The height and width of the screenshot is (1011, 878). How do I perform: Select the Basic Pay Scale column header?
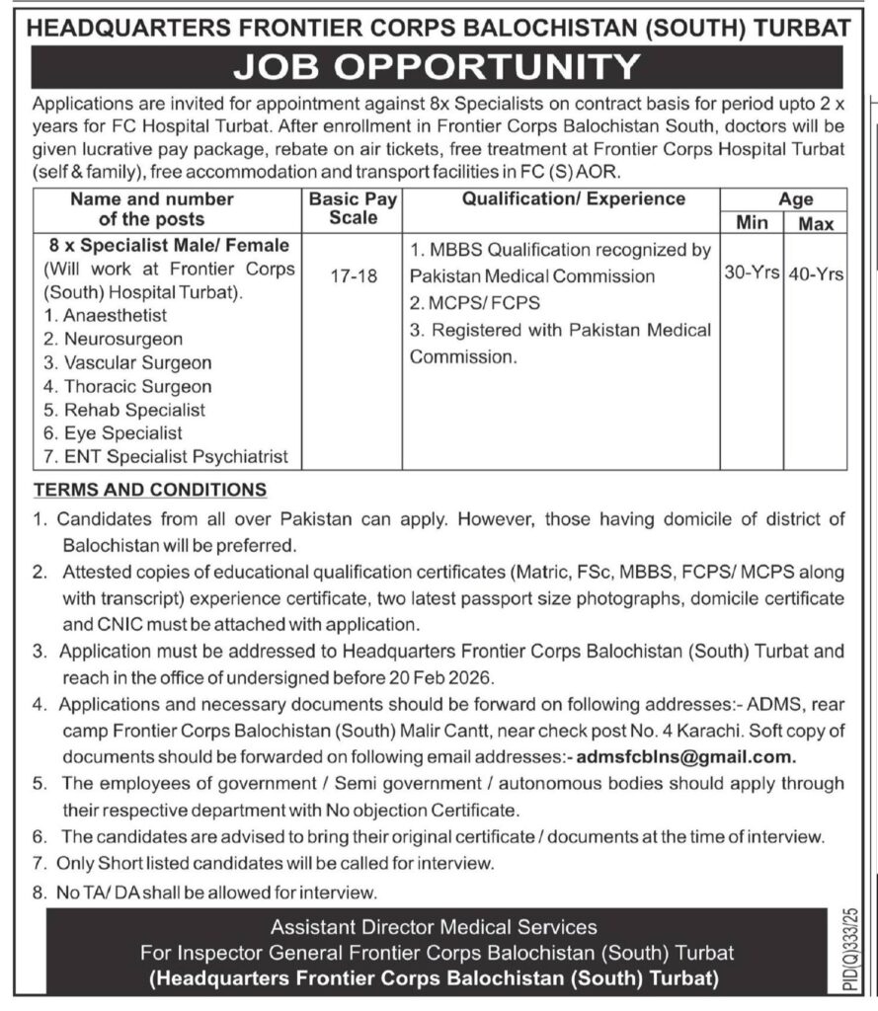[x=353, y=208]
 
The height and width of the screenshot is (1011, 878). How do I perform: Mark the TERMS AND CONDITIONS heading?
[x=149, y=489]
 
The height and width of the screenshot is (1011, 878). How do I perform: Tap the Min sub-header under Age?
[x=752, y=224]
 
